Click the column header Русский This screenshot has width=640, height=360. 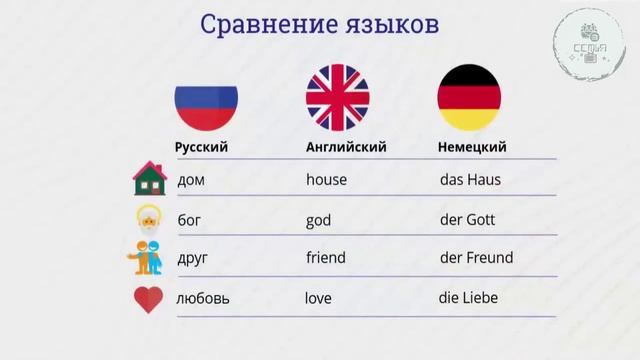click(x=202, y=147)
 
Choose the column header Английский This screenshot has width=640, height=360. click(x=346, y=147)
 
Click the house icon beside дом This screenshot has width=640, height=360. click(x=148, y=180)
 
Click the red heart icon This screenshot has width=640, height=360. click(x=148, y=299)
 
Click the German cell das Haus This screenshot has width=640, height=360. click(x=470, y=181)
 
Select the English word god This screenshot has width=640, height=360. click(x=318, y=220)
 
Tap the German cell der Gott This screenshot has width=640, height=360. click(x=468, y=220)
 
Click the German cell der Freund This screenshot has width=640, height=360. click(x=476, y=258)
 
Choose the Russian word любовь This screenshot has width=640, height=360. click(x=202, y=299)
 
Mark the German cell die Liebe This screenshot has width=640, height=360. click(x=468, y=298)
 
